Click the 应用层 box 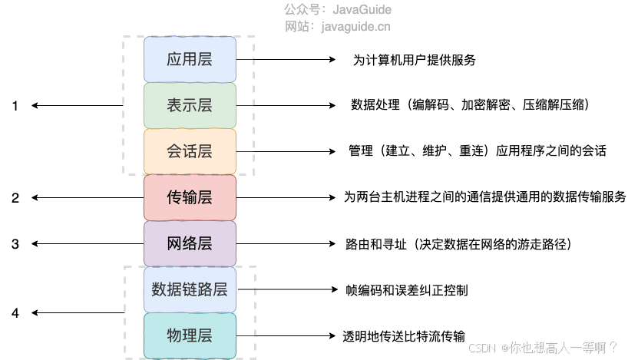[190, 59]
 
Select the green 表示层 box [190, 105]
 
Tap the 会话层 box [190, 151]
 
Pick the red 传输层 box [190, 197]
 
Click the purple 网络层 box [190, 244]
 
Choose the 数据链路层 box [190, 289]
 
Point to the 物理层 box [190, 335]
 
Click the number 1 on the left [15, 106]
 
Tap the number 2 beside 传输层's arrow [15, 198]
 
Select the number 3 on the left [15, 244]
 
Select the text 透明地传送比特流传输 [405, 336]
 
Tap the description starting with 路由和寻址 [459, 244]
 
